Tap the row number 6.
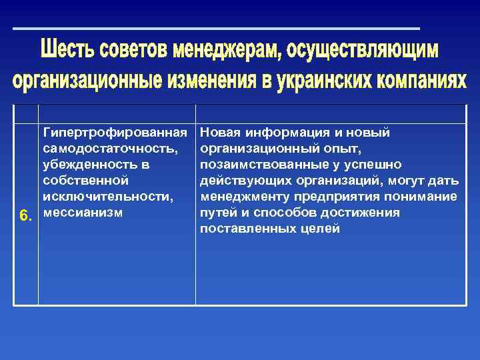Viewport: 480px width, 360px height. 25,215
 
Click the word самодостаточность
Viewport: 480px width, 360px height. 109,148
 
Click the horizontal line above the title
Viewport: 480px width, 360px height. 217,29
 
